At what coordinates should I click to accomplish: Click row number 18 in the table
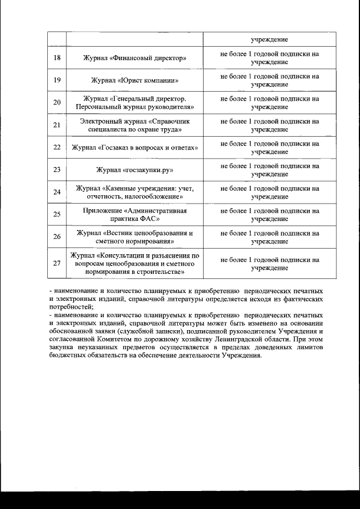(57, 58)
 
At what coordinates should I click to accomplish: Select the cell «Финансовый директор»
(134, 58)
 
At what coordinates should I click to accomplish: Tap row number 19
(57, 80)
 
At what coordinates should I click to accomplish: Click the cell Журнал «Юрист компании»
(134, 80)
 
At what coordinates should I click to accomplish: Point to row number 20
(57, 102)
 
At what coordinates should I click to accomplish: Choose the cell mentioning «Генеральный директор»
(134, 102)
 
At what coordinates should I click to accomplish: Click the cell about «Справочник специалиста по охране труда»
(134, 125)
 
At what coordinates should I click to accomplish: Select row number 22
(57, 147)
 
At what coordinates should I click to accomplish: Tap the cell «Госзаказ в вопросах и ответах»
(134, 147)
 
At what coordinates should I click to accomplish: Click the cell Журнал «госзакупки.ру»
(134, 169)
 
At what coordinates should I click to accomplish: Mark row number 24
(57, 192)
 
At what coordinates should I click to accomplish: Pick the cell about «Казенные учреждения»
(134, 192)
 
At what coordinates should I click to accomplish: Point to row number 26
(57, 237)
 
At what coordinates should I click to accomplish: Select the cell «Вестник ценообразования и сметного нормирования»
(134, 237)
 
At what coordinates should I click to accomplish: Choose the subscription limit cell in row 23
(269, 169)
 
